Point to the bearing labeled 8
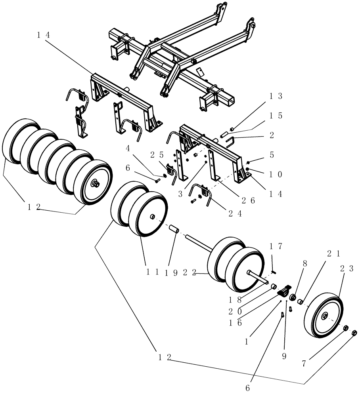pos(294,298)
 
